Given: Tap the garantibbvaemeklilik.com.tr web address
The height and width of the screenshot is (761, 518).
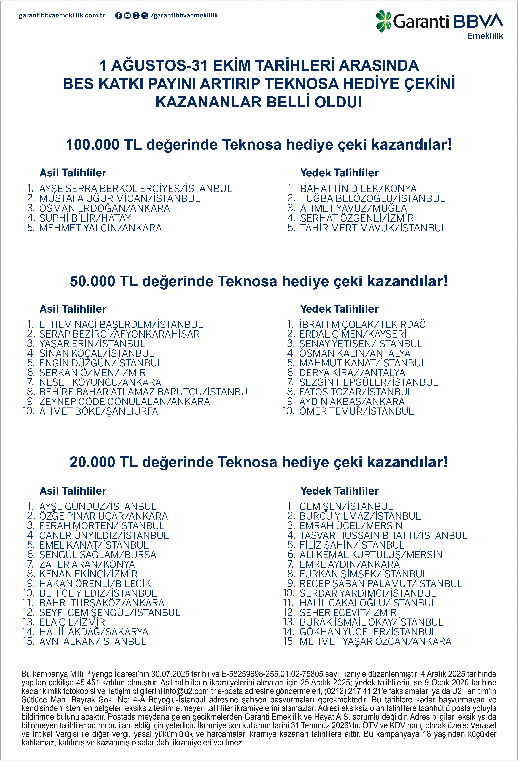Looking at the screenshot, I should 62,15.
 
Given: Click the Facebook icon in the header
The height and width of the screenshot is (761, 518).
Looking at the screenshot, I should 119,15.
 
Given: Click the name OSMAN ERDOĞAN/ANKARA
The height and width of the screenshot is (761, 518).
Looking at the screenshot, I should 104,208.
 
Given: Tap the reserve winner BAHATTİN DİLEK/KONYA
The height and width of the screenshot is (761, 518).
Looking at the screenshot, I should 358,189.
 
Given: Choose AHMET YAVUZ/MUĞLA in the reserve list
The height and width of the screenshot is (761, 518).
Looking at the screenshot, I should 353,208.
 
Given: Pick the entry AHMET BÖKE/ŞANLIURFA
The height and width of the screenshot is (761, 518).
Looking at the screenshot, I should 99,411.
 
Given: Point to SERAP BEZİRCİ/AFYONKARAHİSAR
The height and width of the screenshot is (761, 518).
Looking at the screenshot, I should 119,334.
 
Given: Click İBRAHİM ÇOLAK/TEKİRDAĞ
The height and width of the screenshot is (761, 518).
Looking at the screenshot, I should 362,325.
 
